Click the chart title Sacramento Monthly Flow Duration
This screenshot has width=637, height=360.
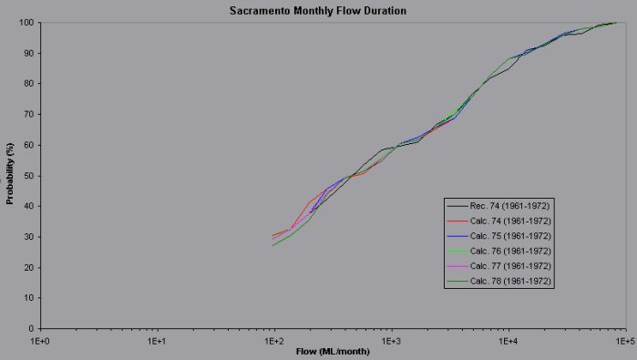pos(318,10)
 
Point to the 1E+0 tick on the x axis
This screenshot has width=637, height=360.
pos(40,339)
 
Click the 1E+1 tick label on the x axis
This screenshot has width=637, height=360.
pos(157,339)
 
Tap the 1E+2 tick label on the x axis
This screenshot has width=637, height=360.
pos(273,339)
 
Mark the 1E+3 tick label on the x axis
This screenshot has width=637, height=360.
pos(391,339)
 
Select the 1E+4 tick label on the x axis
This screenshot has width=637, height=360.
pos(508,339)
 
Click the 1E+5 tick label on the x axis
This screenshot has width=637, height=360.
pos(624,339)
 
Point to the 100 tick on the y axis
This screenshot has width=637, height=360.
pos(26,22)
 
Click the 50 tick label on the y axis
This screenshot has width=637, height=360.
pos(28,175)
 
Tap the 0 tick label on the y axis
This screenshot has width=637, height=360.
pos(31,328)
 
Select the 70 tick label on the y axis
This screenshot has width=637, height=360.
pos(28,114)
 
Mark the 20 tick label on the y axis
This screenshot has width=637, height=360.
pos(28,267)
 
